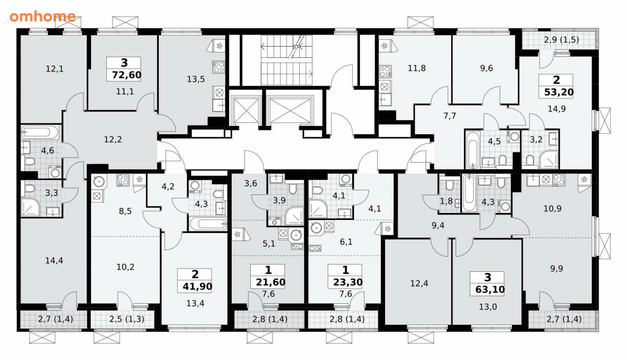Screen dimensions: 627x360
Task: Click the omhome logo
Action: [43, 16]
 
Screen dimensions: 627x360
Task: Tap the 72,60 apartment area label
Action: [126, 75]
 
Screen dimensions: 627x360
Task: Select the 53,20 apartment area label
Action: [559, 92]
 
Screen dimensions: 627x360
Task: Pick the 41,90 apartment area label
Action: [197, 287]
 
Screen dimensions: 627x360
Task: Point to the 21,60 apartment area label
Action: [271, 282]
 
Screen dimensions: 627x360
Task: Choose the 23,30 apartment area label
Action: [348, 282]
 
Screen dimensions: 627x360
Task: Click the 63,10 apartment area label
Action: [490, 289]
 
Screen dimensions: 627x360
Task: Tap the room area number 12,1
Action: [54, 69]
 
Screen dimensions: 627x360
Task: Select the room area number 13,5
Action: [195, 79]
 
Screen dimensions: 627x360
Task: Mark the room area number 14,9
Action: [557, 109]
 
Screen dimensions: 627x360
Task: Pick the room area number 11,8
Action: [417, 68]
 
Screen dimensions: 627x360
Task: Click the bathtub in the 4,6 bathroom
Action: [40, 132]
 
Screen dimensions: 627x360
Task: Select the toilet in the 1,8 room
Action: [450, 185]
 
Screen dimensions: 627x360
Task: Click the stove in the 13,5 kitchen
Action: [218, 67]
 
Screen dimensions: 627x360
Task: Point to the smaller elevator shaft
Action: [246, 111]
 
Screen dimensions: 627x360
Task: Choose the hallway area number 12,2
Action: [113, 139]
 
